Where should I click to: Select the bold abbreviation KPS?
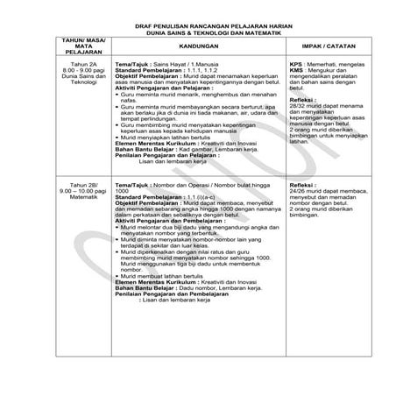pyautogui.click(x=295, y=65)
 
